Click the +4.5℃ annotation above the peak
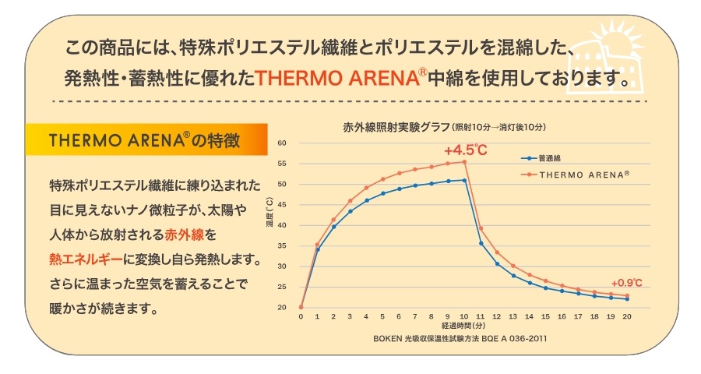465,150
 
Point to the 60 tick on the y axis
282,143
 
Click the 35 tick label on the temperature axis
282,245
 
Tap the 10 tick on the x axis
464,317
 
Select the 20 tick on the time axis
627,317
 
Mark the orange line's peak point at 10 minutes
464,161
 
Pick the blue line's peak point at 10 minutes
464,180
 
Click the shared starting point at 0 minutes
301,307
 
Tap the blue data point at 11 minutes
481,243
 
